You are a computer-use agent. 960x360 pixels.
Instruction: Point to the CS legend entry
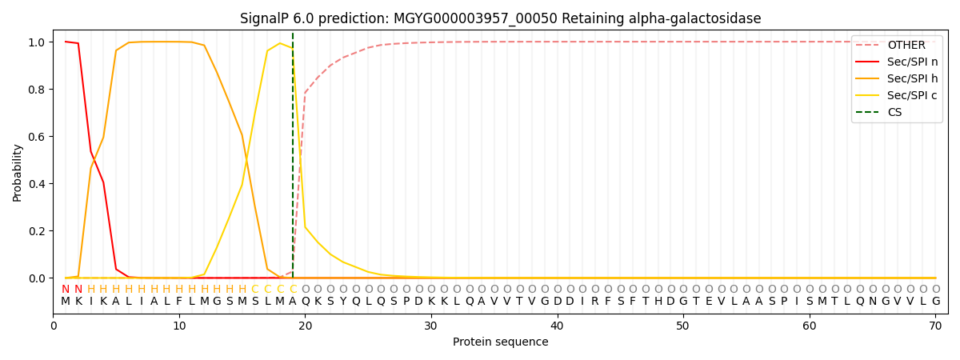[895, 113]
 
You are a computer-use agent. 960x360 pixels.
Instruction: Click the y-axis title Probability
[18, 172]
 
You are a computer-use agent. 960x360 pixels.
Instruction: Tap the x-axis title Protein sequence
[500, 342]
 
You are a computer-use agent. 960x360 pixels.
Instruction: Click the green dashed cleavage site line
[293, 160]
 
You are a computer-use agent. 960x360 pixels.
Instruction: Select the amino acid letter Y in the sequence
[343, 302]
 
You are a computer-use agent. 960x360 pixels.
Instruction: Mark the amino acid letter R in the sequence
[595, 302]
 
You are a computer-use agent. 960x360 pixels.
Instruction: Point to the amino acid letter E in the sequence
[709, 302]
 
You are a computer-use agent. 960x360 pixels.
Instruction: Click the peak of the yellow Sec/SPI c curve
[280, 43]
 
